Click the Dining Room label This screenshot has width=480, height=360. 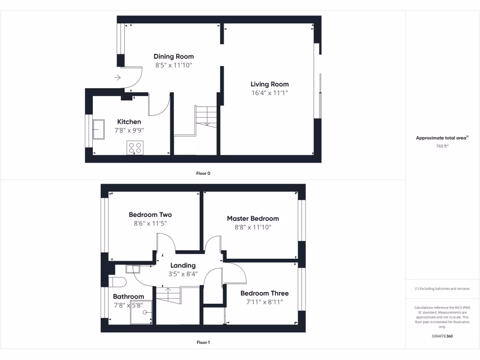click(173, 57)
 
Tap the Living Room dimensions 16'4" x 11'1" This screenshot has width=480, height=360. click(270, 93)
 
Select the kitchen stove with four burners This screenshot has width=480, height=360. click(135, 148)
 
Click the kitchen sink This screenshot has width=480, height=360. click(99, 129)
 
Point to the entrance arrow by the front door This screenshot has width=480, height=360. click(117, 77)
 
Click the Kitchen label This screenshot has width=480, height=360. click(129, 122)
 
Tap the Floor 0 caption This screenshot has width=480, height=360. click(203, 173)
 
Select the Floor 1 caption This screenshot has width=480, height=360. click(203, 343)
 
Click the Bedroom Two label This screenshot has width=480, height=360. click(150, 215)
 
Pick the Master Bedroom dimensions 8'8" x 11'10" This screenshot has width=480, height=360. click(253, 227)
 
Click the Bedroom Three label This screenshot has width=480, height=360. click(264, 293)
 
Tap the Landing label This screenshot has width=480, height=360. click(183, 265)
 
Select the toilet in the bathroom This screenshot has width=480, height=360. click(117, 282)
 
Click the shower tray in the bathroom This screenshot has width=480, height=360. click(141, 312)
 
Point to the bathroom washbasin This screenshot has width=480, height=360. click(133, 269)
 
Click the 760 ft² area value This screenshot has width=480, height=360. click(442, 146)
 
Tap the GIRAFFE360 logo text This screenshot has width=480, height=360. click(442, 336)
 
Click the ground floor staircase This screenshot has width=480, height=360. click(206, 116)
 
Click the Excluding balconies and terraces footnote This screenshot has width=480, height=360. click(442, 289)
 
